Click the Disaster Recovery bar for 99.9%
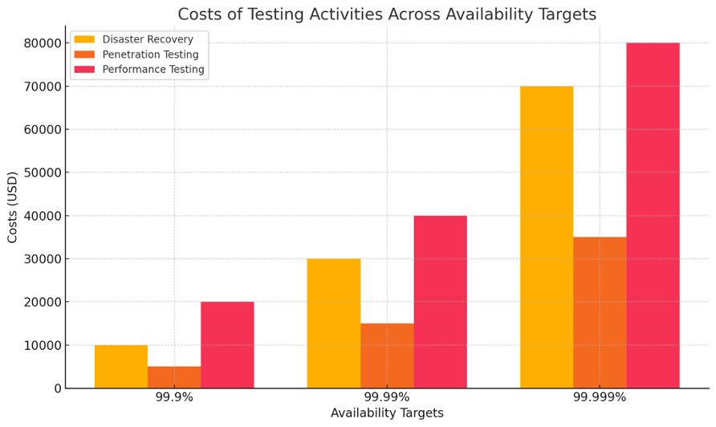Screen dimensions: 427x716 click(x=121, y=367)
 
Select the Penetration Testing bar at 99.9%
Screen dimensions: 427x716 click(x=174, y=377)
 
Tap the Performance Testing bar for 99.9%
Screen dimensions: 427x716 click(x=227, y=345)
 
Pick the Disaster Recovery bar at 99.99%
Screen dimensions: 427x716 click(x=334, y=323)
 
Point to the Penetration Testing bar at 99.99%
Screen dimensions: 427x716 click(x=387, y=356)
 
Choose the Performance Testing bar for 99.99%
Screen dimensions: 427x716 click(x=440, y=302)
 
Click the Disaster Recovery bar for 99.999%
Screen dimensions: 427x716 click(x=547, y=237)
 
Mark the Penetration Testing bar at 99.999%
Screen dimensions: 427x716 click(x=600, y=312)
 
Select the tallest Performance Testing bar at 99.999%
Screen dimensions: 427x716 click(x=653, y=215)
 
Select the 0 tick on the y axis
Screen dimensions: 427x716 click(x=57, y=388)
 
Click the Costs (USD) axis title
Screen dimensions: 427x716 click(x=13, y=207)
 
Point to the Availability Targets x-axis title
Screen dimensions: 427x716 click(x=387, y=413)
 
